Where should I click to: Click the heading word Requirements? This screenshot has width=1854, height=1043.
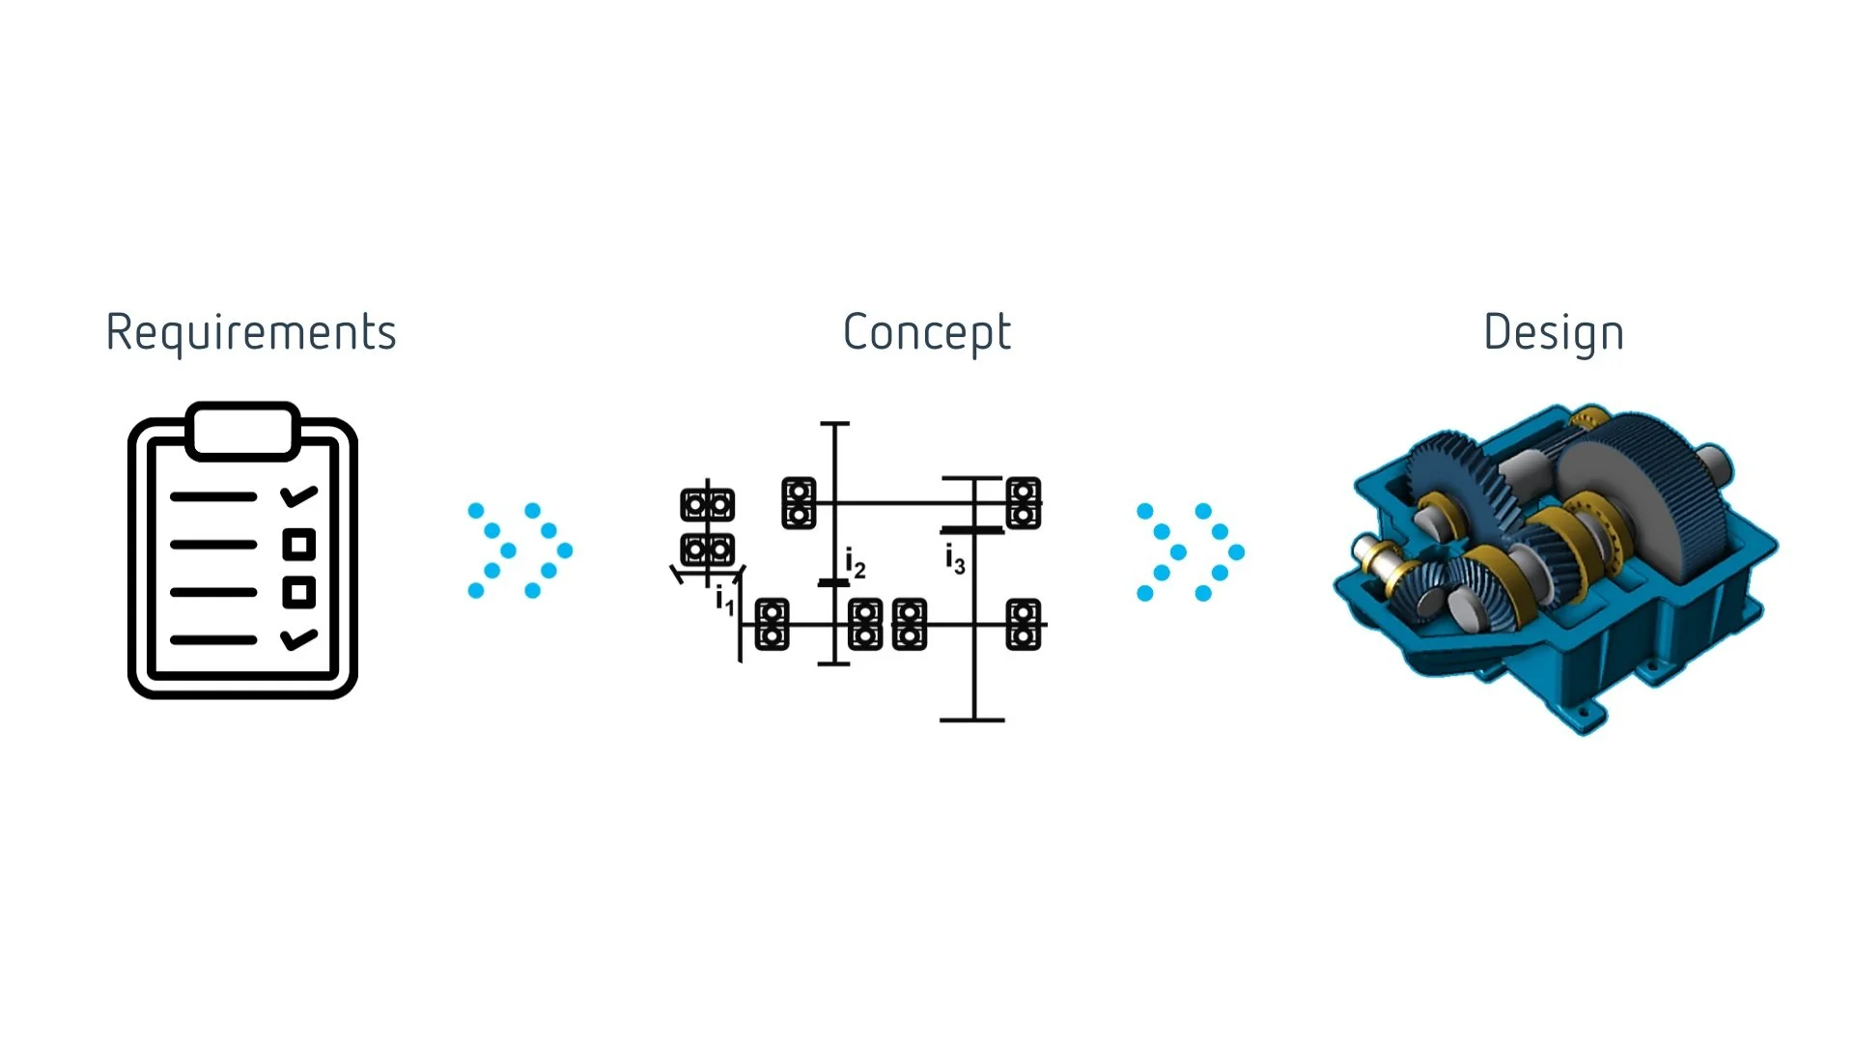coord(251,333)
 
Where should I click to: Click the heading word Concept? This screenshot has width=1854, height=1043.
coord(927,333)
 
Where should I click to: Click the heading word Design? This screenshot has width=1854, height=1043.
coord(1554,333)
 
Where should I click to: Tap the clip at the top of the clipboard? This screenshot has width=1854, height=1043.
coord(243,430)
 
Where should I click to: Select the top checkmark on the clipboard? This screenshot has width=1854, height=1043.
coord(298,496)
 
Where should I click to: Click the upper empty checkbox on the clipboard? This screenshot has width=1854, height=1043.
coord(299,545)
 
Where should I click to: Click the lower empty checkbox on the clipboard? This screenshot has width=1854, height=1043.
coord(299,592)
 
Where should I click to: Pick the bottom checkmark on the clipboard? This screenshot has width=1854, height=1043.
coord(298,638)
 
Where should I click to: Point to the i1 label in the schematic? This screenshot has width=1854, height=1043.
coord(725,602)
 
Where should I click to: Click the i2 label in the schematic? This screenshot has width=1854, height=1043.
coord(856,562)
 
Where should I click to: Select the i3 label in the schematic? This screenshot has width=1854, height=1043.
coord(955,559)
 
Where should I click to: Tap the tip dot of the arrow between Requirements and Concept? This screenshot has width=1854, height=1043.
coord(565,550)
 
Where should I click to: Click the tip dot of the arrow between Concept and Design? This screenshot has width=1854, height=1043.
coord(1236,552)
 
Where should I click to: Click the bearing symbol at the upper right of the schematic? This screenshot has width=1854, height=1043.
coord(1024,503)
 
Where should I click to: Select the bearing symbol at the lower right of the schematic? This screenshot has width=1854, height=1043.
coord(1024,624)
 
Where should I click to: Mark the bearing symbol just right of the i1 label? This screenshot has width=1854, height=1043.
coord(772,624)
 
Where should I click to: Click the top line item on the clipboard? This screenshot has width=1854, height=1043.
coord(213,497)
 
